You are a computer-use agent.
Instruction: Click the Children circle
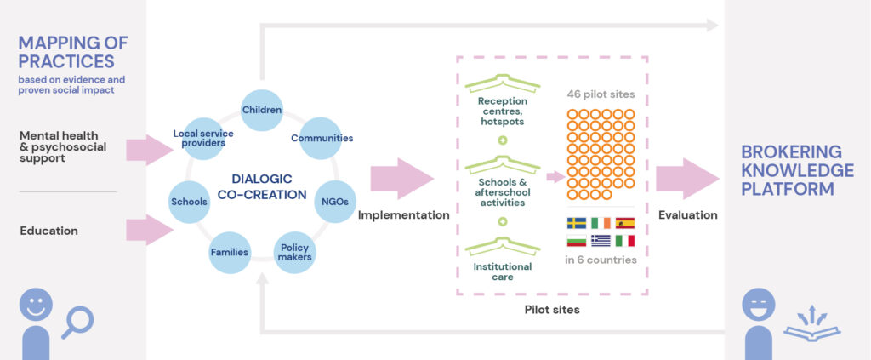[262, 111]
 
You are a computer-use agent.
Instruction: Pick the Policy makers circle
[293, 252]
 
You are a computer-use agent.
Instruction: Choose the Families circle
[230, 252]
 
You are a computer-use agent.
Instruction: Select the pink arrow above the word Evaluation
[687, 180]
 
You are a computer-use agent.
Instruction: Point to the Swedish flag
[576, 223]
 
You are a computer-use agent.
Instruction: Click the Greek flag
[601, 240]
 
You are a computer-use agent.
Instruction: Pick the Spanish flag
[625, 223]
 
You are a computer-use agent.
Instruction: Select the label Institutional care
[502, 271]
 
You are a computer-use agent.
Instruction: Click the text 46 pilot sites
[600, 95]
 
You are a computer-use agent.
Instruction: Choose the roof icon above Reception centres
[502, 83]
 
